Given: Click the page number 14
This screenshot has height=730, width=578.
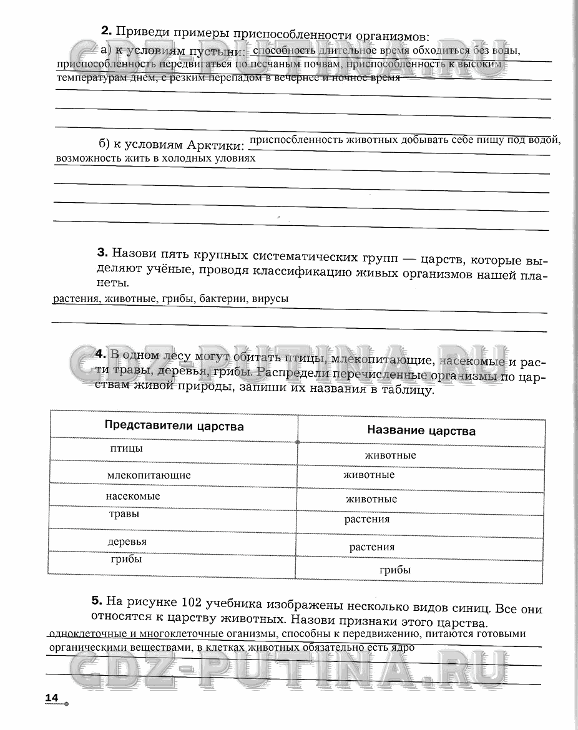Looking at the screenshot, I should tap(51, 697).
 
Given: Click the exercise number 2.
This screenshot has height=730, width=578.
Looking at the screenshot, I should tap(105, 31).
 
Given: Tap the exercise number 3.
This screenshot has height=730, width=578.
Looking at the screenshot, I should tap(103, 253).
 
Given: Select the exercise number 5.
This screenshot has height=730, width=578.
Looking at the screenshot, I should tap(96, 601).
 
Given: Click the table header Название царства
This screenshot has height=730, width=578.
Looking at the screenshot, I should tap(421, 431).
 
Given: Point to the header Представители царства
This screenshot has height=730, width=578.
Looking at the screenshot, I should tap(174, 426).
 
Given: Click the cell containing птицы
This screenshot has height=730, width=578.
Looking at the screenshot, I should tap(126, 449).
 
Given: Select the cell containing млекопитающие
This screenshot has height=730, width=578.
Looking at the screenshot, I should tap(149, 475).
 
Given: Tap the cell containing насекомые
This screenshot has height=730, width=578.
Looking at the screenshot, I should tap(133, 496).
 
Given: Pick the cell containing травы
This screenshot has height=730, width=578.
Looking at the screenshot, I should tap(124, 515).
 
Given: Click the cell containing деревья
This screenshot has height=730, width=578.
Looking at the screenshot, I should tap(127, 542).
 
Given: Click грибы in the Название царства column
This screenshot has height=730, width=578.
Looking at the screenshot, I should tap(395, 570).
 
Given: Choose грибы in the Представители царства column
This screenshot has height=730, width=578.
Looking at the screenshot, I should tap(127, 559).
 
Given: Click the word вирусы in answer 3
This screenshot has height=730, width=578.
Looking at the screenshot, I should tap(271, 299).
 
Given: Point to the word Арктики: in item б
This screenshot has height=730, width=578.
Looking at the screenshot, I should tap(215, 145).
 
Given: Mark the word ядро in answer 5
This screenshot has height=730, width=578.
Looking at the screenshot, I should tap(401, 648).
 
